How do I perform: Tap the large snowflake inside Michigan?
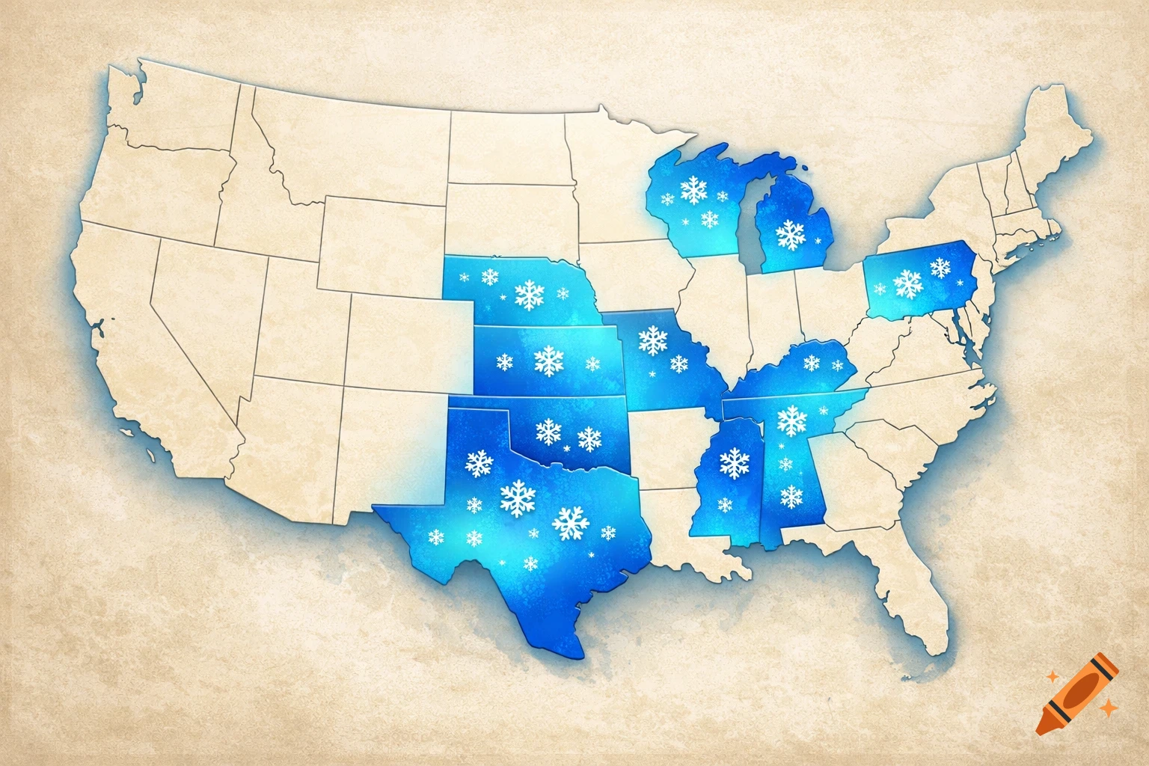[791, 234]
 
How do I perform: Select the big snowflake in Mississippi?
[735, 462]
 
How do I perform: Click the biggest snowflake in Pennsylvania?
[908, 283]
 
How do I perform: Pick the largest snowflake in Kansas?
[548, 361]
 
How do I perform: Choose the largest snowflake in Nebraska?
[530, 295]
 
